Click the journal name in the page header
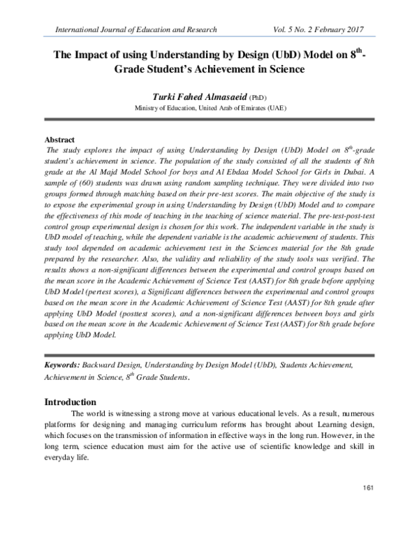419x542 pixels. coord(131,29)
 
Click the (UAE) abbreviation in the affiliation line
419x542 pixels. coord(274,109)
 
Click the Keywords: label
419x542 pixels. coord(62,365)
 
